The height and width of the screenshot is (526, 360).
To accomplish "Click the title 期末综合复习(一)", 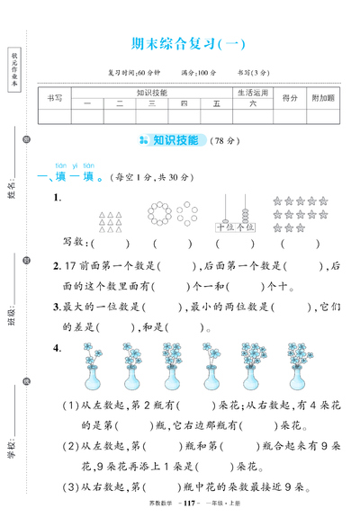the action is (x=187, y=41).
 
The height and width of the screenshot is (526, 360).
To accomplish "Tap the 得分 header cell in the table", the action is (x=289, y=98).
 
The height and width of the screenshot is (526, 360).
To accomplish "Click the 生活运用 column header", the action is (x=253, y=93).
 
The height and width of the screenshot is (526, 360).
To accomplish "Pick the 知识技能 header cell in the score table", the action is (x=152, y=93).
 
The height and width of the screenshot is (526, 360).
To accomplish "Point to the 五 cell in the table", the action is (x=216, y=104).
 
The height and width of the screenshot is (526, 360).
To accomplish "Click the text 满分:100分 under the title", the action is (x=199, y=72).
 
